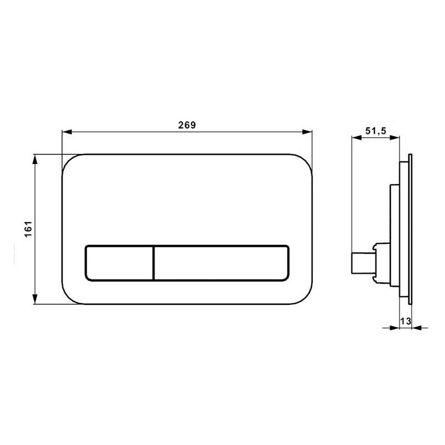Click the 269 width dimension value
coord(187,125)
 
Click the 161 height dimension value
coord(28,229)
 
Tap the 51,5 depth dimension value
coord(376,131)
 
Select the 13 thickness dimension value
coord(406,322)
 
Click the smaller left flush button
coord(119,263)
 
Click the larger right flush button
coord(221,263)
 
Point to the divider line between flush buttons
coord(154,263)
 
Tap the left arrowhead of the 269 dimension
coord(67,132)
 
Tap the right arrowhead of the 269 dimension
coord(307,132)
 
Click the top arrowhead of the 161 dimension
coord(35,160)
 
